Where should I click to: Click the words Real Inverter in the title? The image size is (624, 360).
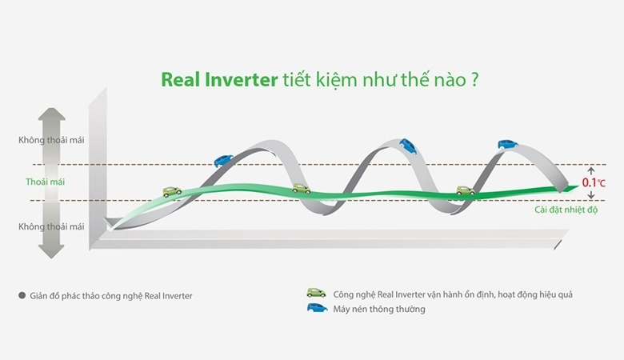coord(218,80)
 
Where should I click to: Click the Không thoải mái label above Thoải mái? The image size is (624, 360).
coord(51,141)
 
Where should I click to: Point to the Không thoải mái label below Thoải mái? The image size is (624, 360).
coord(51,226)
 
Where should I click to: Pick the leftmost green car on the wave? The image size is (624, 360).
coord(172,192)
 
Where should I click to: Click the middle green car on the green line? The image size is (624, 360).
coord(301,189)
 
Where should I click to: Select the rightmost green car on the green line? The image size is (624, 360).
coord(465,190)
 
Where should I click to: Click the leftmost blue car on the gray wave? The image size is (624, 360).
coord(223,160)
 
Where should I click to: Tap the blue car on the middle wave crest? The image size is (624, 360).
coord(408,146)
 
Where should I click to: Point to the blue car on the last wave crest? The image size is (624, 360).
coord(507,144)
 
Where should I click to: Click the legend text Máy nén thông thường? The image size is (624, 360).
coord(379,309)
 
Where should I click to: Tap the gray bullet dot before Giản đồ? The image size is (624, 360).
coord(22,295)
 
